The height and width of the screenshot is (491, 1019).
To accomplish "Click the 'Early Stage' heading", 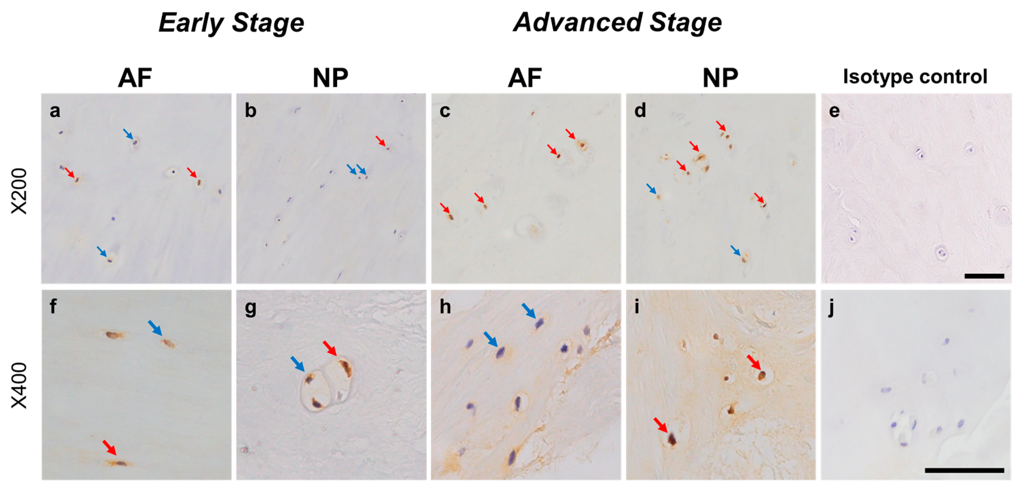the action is coord(231,23).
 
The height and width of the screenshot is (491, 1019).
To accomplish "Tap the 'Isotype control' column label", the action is coord(915,76).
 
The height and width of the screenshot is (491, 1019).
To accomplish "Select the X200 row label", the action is coord(19,191).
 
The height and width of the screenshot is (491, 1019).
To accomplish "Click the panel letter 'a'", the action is coord(55,110).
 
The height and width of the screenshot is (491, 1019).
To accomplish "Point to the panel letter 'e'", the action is coord(834,110).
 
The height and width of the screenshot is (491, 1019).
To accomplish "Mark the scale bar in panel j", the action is coord(964,470).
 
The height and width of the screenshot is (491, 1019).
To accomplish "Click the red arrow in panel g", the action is coord(330,348).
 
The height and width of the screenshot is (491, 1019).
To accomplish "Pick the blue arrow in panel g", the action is coord(298,364).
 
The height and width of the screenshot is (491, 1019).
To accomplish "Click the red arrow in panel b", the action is coord(380,141).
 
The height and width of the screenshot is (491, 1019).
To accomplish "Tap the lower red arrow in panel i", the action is coord(660,424).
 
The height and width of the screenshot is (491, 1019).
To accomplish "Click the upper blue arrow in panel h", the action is coord(529,310).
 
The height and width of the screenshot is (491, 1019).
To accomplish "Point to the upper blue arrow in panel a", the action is coord(128,133).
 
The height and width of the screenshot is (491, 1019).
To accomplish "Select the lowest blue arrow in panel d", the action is coord(735,250).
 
